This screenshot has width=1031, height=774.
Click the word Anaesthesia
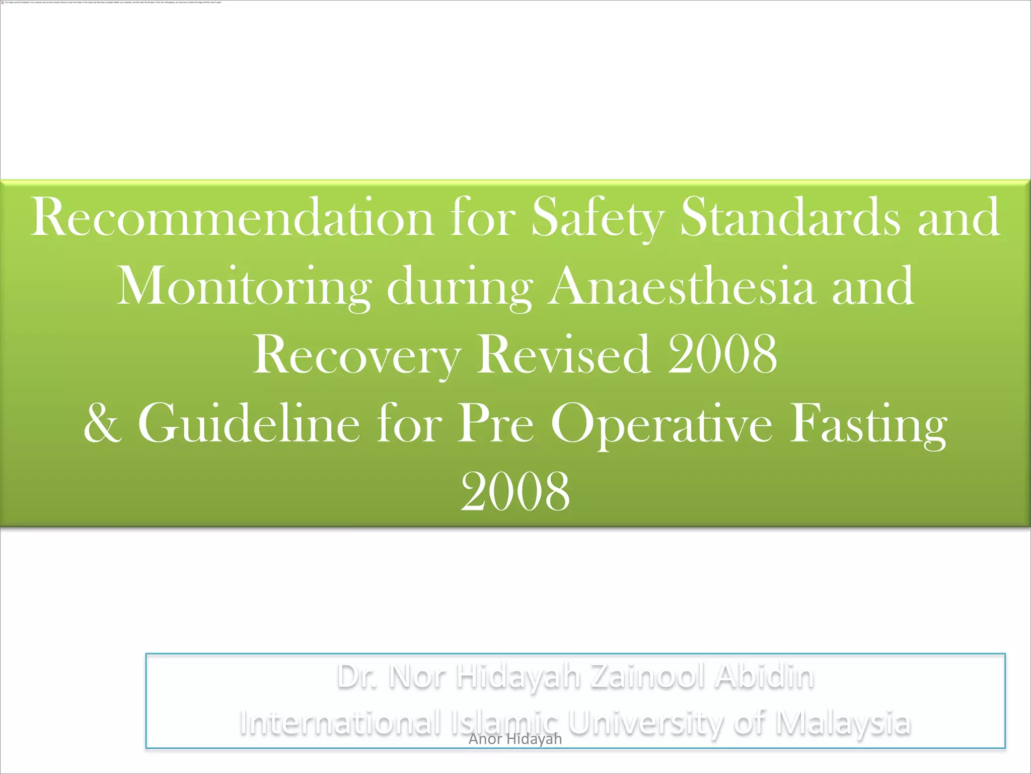click(x=682, y=286)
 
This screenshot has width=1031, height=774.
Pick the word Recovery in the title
click(x=356, y=355)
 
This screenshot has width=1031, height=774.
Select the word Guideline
click(x=249, y=423)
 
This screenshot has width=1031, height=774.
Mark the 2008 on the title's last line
click(x=515, y=492)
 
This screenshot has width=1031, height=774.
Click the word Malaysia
click(x=842, y=723)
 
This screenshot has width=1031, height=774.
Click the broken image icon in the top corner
click(x=3, y=2)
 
